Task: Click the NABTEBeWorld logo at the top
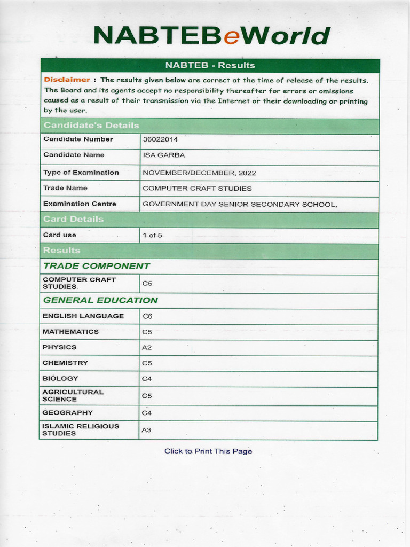point(211,36)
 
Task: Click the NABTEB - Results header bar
point(210,65)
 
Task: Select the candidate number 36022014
point(160,139)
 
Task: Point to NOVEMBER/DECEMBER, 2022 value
point(199,173)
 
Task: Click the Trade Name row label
point(65,188)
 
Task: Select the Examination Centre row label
point(80,204)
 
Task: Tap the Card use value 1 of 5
point(152,235)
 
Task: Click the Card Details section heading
point(74,219)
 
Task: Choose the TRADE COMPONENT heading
point(96,266)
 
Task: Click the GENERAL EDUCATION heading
point(100,300)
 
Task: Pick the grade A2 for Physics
point(147,347)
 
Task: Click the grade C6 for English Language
point(147,316)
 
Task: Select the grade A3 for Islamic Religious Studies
point(147,430)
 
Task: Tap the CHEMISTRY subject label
point(65,363)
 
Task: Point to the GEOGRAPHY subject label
point(68,412)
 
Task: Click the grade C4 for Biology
point(147,379)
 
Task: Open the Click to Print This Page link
point(208,451)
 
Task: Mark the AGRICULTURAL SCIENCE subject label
point(73,395)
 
